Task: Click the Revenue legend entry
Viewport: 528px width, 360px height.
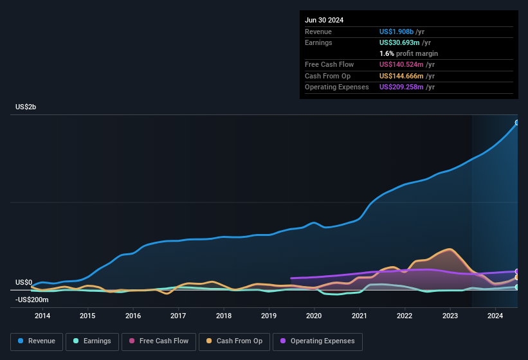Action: pos(37,341)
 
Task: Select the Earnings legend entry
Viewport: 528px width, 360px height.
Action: pos(92,341)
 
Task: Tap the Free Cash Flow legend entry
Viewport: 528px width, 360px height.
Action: pos(160,341)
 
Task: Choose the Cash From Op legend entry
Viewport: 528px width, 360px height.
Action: pos(235,341)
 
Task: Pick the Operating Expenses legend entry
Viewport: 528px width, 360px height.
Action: pos(318,341)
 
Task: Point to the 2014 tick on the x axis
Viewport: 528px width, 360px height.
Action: pos(42,316)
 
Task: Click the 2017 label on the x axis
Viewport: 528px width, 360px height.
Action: pos(178,316)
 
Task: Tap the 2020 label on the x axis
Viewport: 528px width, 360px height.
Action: pos(314,316)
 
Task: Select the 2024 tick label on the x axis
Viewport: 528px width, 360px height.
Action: pos(495,316)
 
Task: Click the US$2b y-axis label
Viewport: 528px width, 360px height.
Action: pos(26,107)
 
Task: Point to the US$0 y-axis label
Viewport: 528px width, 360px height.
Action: pos(24,282)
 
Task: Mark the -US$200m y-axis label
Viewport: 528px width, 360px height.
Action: pos(32,300)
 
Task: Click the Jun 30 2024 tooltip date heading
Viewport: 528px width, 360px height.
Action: pos(324,20)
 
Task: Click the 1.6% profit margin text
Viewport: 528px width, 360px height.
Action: pos(408,53)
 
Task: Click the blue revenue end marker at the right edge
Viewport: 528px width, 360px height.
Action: pos(517,122)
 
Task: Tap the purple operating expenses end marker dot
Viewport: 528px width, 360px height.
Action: pos(517,271)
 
